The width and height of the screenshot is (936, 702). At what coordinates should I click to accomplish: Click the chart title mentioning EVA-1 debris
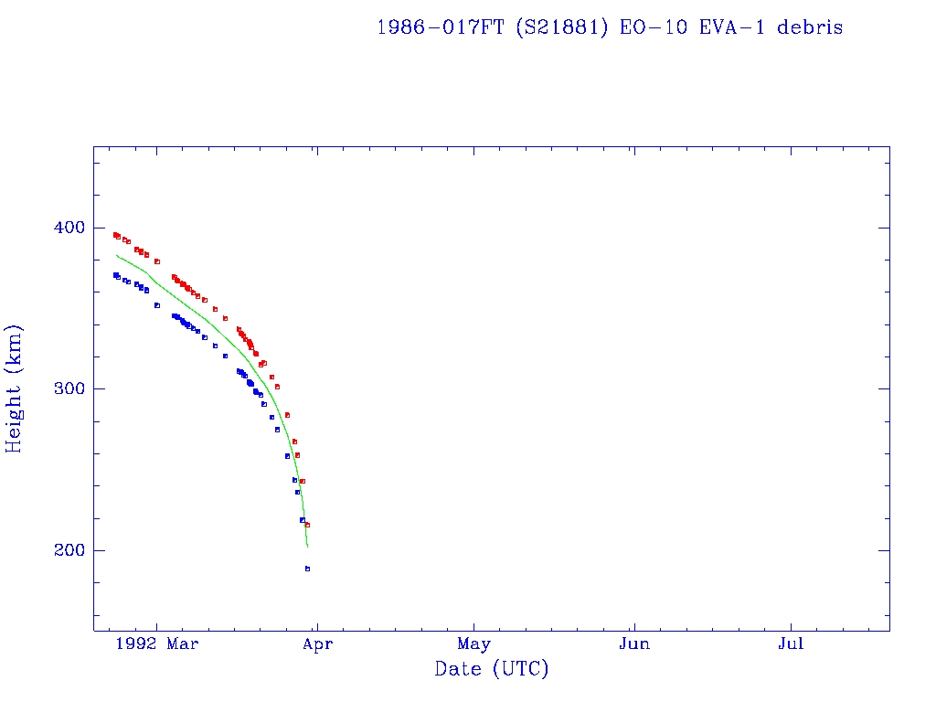[x=610, y=27]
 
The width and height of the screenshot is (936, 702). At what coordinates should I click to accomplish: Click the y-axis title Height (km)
[x=15, y=388]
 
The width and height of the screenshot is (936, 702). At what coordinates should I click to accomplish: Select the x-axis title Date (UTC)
[x=492, y=670]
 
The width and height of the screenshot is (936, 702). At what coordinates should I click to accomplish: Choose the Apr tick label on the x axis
[x=317, y=644]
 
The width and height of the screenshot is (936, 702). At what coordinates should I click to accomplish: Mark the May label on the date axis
[x=474, y=644]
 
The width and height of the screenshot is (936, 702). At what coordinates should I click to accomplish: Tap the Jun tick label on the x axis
[x=633, y=644]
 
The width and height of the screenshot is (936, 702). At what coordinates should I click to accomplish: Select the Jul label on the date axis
[x=791, y=644]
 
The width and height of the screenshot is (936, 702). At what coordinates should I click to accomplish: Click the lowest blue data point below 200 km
[x=307, y=569]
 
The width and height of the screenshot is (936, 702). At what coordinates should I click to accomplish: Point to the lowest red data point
[x=307, y=525]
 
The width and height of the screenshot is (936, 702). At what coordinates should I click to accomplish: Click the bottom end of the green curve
[x=307, y=547]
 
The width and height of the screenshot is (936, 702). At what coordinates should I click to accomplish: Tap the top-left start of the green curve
[x=116, y=255]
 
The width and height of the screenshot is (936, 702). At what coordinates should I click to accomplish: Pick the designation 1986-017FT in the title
[x=440, y=27]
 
